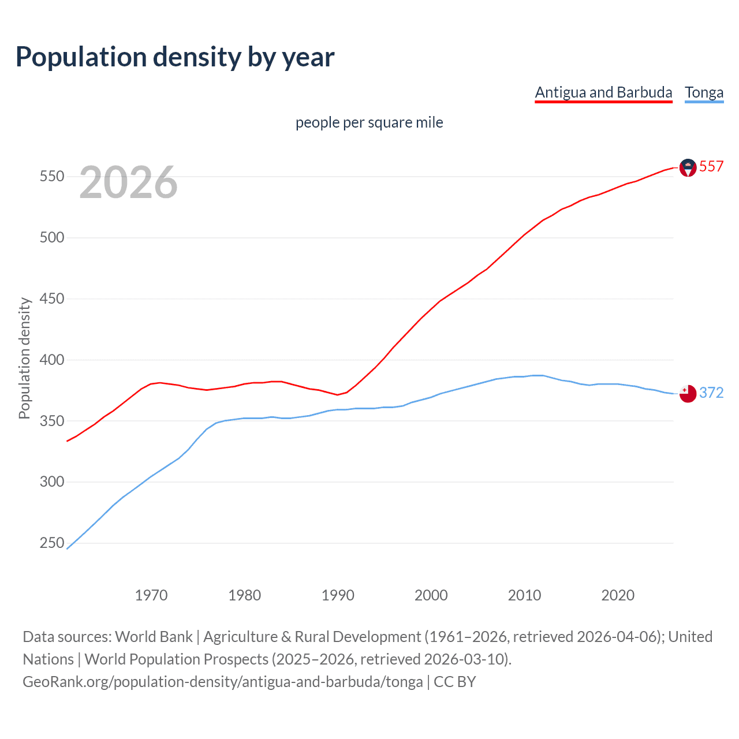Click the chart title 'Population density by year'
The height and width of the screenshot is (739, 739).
(175, 57)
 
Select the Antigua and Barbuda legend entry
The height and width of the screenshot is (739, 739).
(603, 92)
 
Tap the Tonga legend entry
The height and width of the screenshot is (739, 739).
(704, 92)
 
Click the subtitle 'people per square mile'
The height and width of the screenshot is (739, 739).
(369, 122)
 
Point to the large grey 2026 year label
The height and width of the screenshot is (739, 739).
(128, 183)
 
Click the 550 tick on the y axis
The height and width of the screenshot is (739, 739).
(51, 177)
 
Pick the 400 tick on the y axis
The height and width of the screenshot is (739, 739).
(51, 360)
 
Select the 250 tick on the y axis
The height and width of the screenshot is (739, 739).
(51, 543)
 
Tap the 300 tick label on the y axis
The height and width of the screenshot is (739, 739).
(51, 482)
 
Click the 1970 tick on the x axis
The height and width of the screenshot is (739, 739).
(151, 595)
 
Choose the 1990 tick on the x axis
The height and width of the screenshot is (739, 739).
(338, 595)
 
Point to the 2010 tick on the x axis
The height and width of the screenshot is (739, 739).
(524, 595)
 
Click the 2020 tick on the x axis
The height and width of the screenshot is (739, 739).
(618, 595)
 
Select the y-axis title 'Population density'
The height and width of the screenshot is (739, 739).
(24, 358)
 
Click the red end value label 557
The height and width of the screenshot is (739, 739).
(711, 166)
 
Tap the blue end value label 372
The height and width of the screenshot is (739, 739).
(711, 393)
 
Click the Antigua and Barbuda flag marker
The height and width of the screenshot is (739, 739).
(688, 167)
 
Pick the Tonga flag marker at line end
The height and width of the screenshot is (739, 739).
(688, 394)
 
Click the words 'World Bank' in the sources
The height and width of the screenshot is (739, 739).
(154, 636)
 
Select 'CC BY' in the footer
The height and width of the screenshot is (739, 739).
(455, 681)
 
